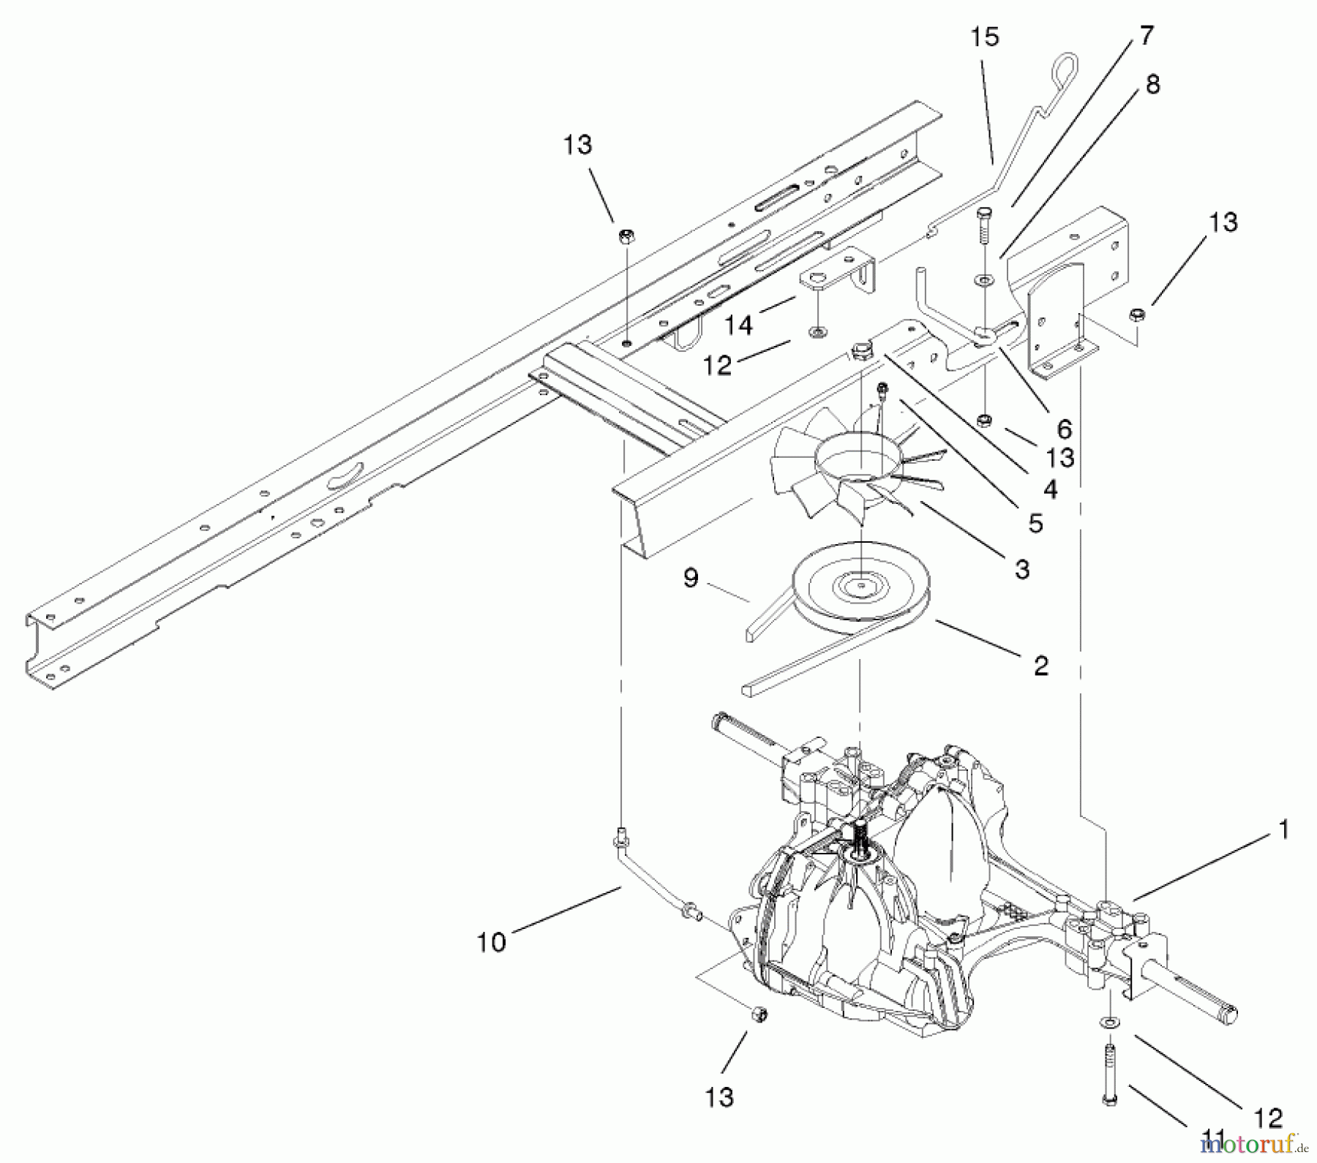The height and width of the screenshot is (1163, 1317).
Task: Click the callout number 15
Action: [985, 37]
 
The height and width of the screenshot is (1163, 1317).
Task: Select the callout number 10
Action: [491, 942]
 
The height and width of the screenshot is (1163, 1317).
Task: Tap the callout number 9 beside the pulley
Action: [691, 578]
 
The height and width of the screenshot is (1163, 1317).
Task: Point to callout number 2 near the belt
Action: [1040, 665]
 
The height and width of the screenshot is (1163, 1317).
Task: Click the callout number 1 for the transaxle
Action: [1282, 830]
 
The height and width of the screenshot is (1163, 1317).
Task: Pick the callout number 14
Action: [738, 324]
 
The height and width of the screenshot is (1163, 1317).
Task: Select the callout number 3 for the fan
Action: [1022, 568]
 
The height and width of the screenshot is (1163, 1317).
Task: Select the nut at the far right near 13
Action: [1136, 315]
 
